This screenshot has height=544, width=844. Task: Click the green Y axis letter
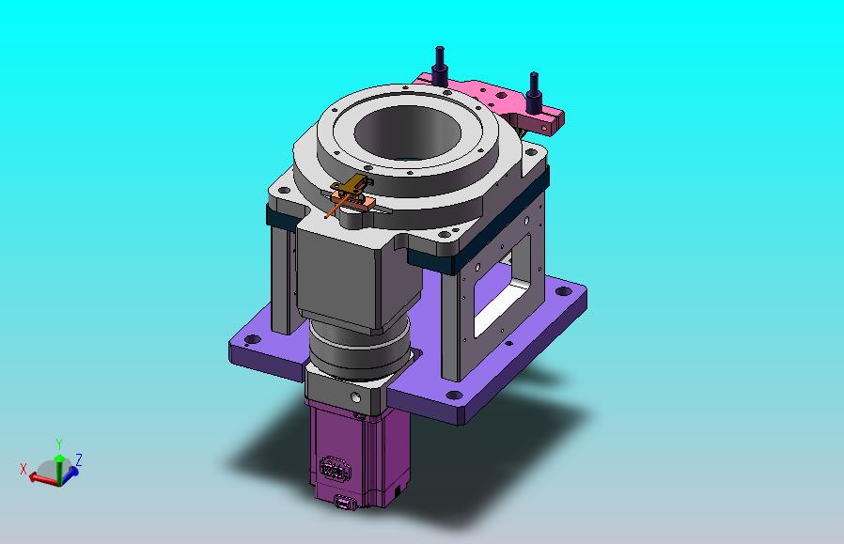coord(59,443)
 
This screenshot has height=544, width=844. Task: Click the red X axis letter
coord(23,469)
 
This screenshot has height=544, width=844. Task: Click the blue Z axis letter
coord(79,459)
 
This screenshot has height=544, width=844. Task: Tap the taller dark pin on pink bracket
coord(440,66)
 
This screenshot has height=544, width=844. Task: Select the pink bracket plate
coord(495,102)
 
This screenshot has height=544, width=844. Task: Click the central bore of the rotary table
coord(407,132)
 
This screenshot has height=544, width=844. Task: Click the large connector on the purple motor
coord(332,468)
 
